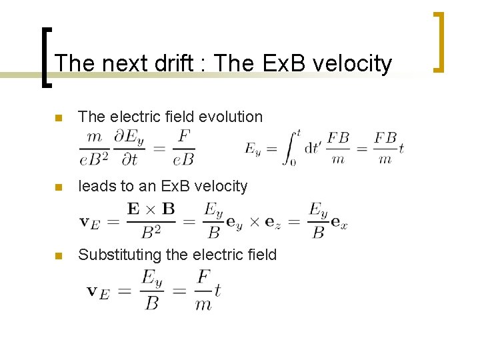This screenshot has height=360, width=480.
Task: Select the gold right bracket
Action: click(437, 41)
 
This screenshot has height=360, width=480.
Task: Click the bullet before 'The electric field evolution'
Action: click(59, 118)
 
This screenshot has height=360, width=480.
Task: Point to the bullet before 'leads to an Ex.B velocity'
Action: click(59, 187)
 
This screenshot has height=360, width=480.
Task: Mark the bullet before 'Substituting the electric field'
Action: click(59, 256)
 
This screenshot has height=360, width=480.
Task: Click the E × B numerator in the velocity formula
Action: click(151, 209)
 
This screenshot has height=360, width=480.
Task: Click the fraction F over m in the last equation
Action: click(203, 291)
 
